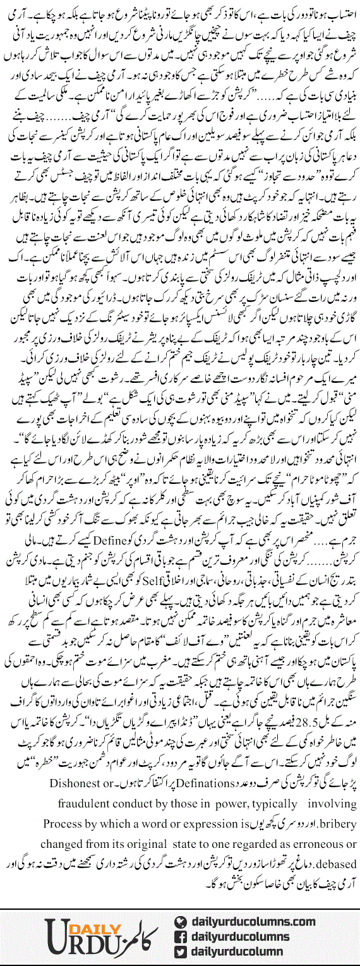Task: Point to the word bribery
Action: [335, 823]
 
